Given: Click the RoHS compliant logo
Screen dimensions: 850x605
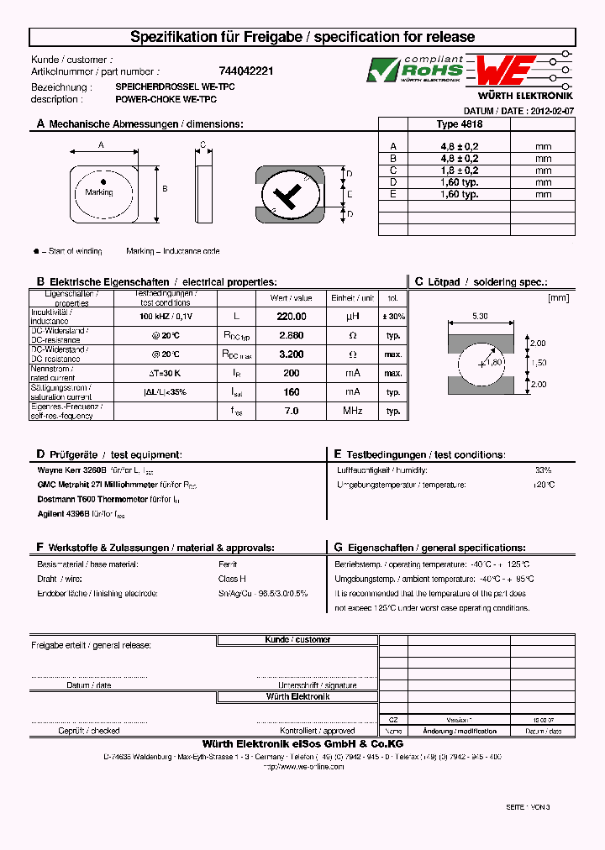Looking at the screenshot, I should (415, 69).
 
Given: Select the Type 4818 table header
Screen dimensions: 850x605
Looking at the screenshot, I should (459, 123).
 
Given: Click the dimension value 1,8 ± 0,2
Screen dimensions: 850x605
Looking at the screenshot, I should (459, 170).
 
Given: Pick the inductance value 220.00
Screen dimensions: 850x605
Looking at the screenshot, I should (291, 317).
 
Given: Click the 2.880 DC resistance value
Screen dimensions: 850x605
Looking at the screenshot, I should (291, 335).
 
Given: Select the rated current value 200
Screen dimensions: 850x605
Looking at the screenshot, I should (291, 373).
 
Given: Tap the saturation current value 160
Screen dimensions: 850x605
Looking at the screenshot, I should (291, 391).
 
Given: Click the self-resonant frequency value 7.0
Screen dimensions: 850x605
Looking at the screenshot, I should (291, 411).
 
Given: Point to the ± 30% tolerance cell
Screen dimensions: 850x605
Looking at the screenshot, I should (392, 317).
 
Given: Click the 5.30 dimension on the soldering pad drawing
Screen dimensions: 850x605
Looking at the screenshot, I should (480, 316).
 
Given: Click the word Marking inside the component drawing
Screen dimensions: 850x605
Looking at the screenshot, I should (99, 192).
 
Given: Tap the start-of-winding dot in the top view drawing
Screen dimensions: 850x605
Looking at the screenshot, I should (103, 181).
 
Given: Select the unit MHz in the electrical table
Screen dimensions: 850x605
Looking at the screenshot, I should (351, 411).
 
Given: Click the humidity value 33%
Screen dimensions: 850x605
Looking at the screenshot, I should (543, 470).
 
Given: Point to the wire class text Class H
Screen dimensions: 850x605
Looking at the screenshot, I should (232, 579).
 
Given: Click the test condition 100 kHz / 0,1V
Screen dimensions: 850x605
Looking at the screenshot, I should (166, 317).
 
